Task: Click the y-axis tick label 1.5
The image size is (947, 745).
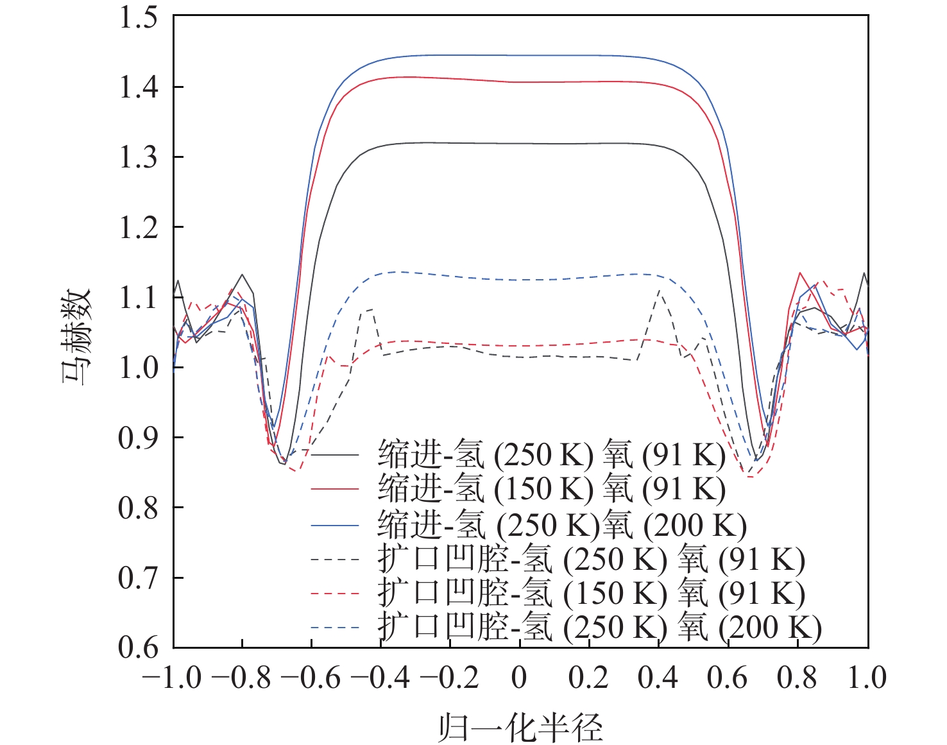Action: (x=138, y=17)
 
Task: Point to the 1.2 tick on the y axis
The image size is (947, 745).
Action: (x=138, y=227)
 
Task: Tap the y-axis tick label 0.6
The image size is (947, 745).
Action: (x=138, y=647)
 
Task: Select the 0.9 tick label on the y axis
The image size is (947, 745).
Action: (x=138, y=438)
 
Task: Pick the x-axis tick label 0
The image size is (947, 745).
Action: (x=520, y=678)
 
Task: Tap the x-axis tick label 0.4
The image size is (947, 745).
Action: (x=658, y=678)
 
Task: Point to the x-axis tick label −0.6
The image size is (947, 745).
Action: (x=311, y=678)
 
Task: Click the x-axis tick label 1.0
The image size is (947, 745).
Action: (x=867, y=678)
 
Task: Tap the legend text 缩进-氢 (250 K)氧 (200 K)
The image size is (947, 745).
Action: (x=562, y=525)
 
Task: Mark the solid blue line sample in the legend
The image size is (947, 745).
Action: (x=335, y=526)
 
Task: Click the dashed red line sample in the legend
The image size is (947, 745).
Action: (x=335, y=594)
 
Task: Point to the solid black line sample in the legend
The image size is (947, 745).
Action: (x=335, y=455)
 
